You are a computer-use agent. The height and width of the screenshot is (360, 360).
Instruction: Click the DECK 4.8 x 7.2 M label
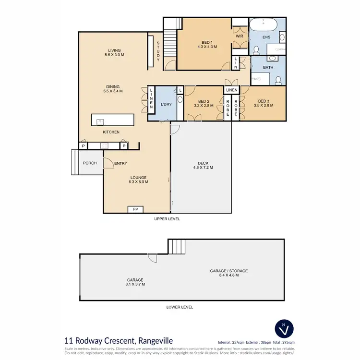pyautogui.click(x=202, y=165)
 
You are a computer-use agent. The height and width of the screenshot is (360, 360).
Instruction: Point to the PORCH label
pyautogui.click(x=90, y=163)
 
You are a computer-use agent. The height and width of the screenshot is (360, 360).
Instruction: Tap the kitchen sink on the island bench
pyautogui.click(x=101, y=121)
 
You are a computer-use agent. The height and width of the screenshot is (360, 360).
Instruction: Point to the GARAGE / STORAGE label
pyautogui.click(x=228, y=273)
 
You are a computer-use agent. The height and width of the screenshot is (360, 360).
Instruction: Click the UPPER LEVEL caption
pyautogui.click(x=166, y=218)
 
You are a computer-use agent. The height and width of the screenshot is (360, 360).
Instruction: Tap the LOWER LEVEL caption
pyautogui.click(x=180, y=307)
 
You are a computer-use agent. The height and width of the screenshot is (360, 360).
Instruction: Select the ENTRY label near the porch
pyautogui.click(x=120, y=164)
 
